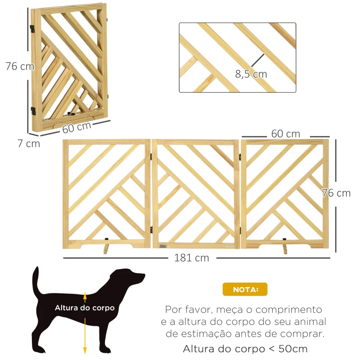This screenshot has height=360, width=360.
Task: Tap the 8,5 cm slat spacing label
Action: coord(251,74)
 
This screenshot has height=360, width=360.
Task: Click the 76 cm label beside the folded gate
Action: coord(20,66)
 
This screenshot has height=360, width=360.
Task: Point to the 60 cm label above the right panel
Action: coord(285,134)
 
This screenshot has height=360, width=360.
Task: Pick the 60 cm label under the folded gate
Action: coord(76,127)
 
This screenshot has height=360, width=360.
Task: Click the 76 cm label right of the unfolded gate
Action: coord(336,193)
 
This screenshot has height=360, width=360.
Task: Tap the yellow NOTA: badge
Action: coord(245,289)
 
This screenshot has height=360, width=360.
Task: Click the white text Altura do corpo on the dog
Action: coord(85,308)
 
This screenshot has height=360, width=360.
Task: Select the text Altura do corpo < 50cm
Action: coord(245,349)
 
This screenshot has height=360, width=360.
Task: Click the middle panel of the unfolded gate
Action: coord(196,193)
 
